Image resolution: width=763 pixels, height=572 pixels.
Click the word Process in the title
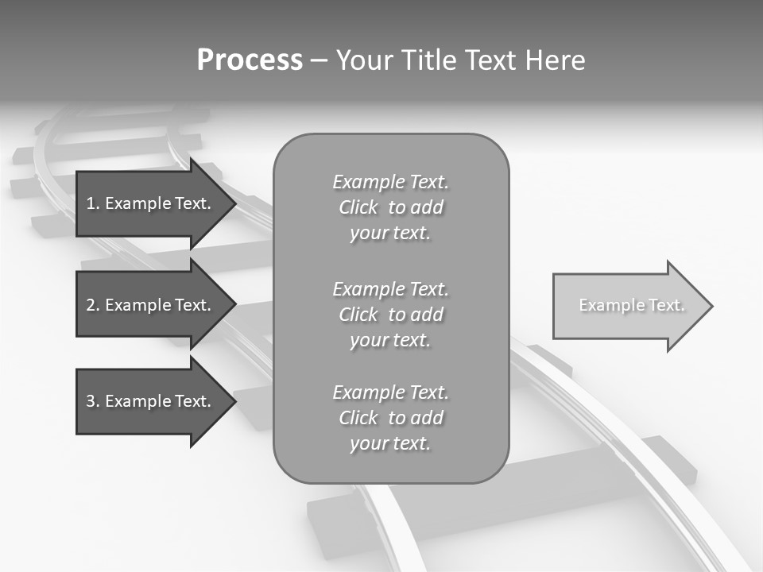[x=250, y=60]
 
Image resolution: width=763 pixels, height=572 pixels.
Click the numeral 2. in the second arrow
[x=92, y=305]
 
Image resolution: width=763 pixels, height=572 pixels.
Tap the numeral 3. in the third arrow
[x=92, y=401]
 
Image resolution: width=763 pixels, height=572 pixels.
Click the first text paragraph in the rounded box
[x=390, y=207]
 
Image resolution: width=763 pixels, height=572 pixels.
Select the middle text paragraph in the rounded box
[x=390, y=315]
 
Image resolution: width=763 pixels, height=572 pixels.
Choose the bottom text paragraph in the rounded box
[x=390, y=418]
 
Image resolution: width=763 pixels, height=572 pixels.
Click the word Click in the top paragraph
[x=358, y=207]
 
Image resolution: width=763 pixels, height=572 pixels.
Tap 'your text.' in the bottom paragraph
[x=390, y=443]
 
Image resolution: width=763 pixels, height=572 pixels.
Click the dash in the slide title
[x=320, y=60]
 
